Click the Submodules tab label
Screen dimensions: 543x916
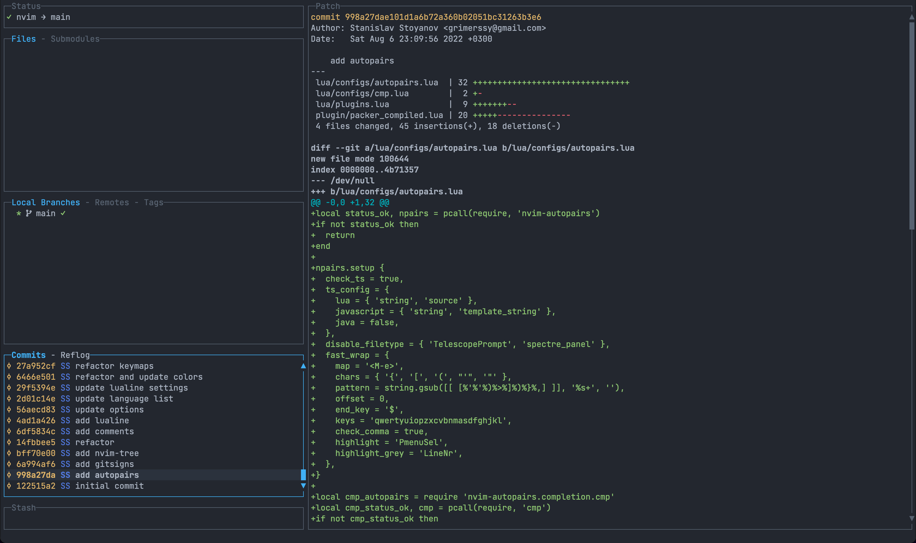click(x=75, y=39)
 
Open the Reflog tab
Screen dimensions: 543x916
click(x=75, y=355)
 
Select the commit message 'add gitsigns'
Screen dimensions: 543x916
click(x=104, y=464)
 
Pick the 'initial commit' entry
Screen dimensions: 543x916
click(x=109, y=486)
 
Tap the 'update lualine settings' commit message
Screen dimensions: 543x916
click(x=131, y=388)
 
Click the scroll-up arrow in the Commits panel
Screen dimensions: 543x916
click(x=303, y=366)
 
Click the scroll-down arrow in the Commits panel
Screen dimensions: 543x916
click(x=303, y=486)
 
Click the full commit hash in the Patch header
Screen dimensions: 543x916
click(x=443, y=17)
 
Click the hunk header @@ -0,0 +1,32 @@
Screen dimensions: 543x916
click(x=350, y=202)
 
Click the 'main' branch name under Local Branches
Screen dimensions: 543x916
click(x=45, y=213)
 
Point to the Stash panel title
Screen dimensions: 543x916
click(x=23, y=508)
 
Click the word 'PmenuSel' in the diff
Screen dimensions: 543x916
click(x=420, y=442)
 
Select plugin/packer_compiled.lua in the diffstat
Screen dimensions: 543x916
click(x=379, y=115)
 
